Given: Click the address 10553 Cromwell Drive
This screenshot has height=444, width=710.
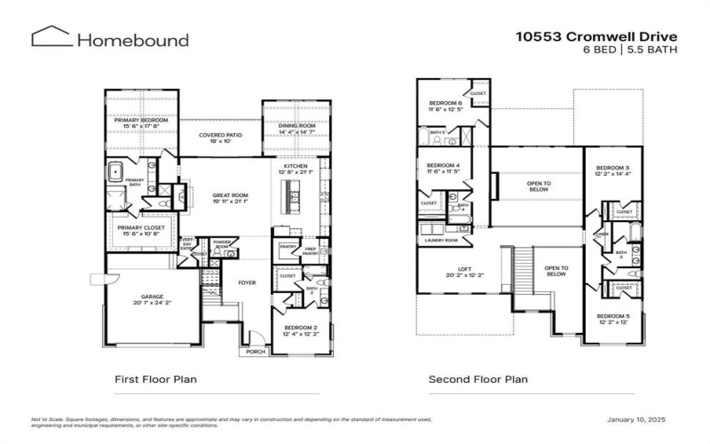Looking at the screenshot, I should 596,36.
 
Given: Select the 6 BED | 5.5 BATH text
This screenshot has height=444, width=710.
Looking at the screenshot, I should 629,50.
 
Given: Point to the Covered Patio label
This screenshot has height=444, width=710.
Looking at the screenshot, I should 219,137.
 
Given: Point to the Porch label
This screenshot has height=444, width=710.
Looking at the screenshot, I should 255,352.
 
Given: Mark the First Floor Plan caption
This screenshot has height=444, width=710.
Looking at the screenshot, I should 155,379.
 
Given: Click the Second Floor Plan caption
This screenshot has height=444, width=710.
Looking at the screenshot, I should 477,379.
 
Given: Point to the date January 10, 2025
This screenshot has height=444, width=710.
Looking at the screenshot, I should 635,419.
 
